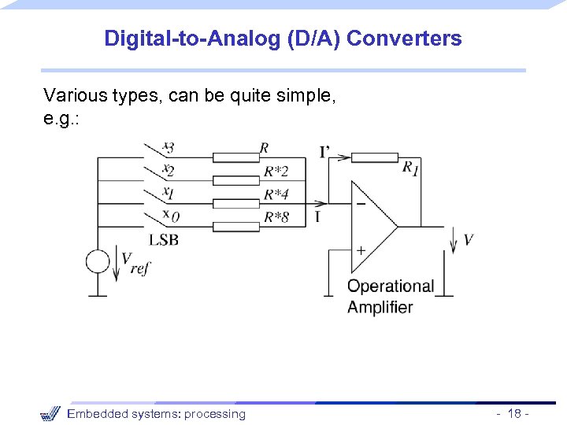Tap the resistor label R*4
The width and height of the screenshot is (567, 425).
click(x=276, y=194)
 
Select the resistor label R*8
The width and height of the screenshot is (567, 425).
click(x=276, y=216)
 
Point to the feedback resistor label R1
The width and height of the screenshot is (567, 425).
click(x=409, y=168)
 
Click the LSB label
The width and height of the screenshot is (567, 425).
click(x=164, y=239)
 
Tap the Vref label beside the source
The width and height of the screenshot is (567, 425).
click(x=135, y=264)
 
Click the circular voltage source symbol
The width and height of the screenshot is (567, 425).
click(x=98, y=261)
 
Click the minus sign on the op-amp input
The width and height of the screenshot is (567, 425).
click(x=360, y=203)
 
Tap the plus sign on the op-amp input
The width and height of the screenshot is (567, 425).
click(x=360, y=250)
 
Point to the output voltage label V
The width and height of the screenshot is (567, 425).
click(x=469, y=239)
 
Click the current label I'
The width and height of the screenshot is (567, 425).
click(x=324, y=151)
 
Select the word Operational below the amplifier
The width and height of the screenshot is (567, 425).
click(x=391, y=286)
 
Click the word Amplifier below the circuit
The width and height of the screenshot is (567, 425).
click(x=380, y=307)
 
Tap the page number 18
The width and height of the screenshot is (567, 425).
click(x=515, y=414)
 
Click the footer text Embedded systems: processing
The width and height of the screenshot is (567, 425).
click(x=156, y=414)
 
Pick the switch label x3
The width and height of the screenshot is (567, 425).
click(x=168, y=146)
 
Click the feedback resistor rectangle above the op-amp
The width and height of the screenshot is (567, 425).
click(x=375, y=157)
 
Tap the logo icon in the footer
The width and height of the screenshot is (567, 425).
click(x=50, y=413)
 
